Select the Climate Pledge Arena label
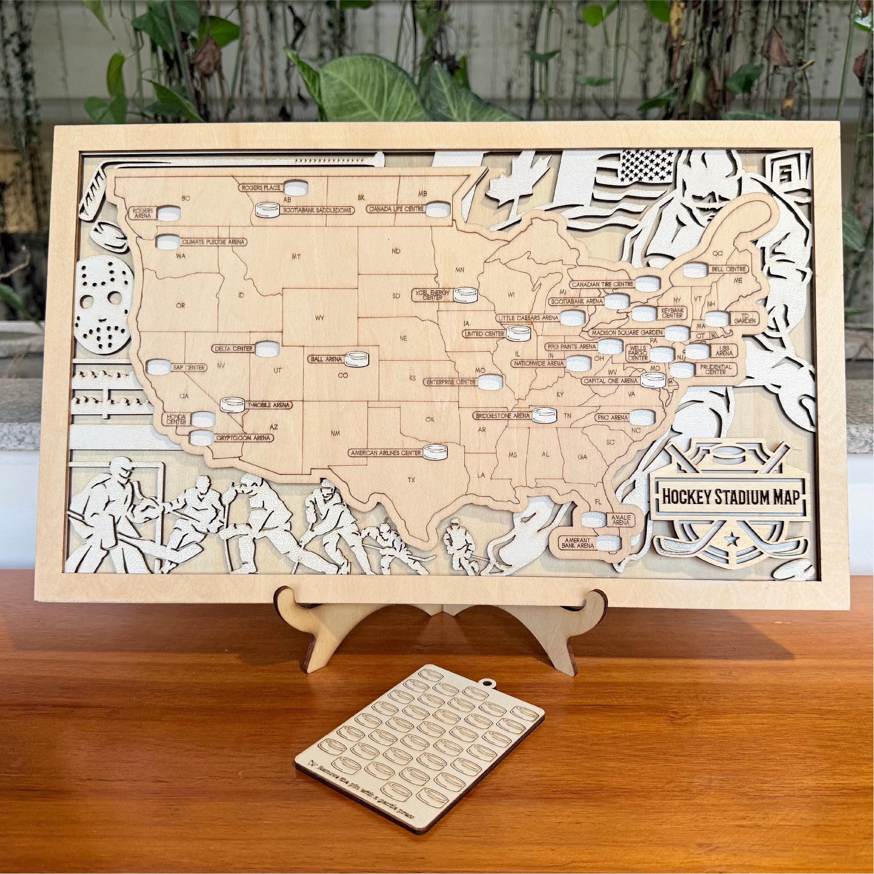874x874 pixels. coord(213,242)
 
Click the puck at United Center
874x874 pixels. coord(518,334)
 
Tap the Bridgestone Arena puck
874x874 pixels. coord(545,415)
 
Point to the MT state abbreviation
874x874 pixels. coord(296,257)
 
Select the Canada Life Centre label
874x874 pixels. coord(395,209)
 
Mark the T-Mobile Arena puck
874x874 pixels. coord(231,404)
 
